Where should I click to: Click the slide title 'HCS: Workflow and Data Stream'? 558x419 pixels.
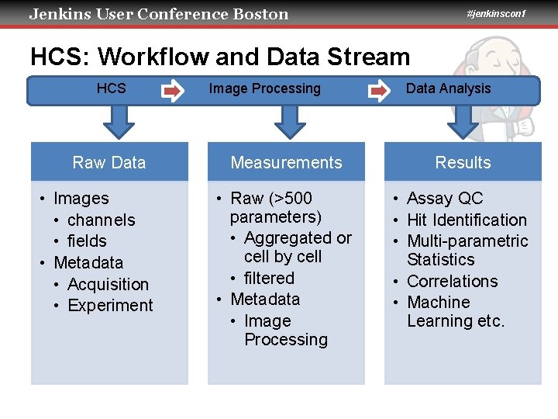pos(220,57)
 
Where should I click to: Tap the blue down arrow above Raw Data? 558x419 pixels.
pos(119,120)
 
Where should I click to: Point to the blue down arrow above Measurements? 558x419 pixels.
pos(291,120)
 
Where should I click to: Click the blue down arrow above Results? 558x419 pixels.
pos(463,120)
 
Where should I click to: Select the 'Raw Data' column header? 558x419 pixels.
pos(109,162)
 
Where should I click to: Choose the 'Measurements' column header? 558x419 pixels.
pos(286,162)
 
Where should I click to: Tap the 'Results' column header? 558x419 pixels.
pos(463,162)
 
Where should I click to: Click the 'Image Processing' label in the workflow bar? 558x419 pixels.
pos(264,88)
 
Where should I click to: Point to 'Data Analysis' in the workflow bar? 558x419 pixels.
pos(448,88)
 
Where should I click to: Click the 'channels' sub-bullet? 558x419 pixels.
pos(101,220)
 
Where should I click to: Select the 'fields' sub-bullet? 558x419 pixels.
pos(87,241)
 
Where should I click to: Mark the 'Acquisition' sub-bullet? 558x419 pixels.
pos(108,285)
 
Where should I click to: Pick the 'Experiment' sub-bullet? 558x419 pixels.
pos(110,306)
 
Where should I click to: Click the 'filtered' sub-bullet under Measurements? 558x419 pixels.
pos(269,279)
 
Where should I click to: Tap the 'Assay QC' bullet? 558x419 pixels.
pos(444,199)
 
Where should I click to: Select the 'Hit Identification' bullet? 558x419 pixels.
pos(466,220)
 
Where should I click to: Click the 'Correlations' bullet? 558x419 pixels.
pos(452,282)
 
